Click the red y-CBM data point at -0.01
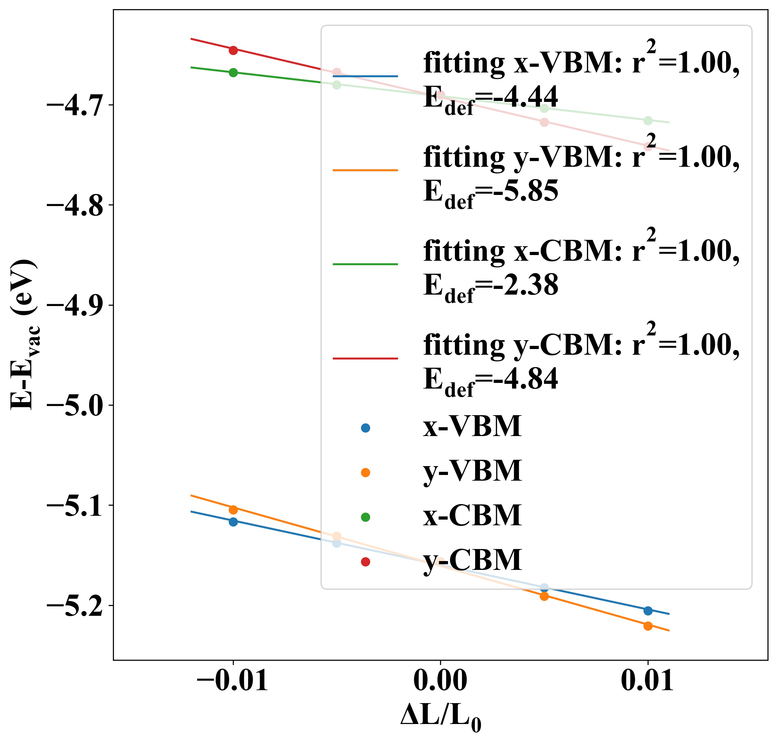233,50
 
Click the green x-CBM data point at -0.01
233,72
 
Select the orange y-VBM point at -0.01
233,510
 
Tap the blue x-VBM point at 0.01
648,611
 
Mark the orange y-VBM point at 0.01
648,626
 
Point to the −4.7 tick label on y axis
75,105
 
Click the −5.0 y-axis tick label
75,406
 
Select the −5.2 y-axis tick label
75,606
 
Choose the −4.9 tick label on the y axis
75,305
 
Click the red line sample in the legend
365,359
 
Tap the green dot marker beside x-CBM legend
365,517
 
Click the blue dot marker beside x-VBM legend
365,428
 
